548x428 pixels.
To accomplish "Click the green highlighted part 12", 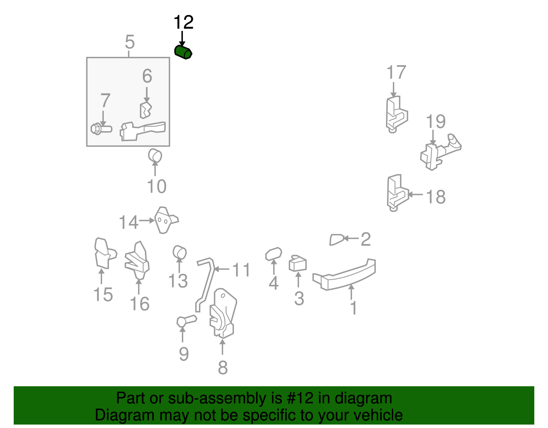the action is [183, 52].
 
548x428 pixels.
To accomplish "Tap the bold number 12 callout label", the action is [184, 22].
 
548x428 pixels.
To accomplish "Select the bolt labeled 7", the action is [101, 129].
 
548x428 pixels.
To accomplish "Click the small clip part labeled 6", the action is [146, 110].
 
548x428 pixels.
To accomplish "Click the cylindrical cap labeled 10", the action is [155, 155].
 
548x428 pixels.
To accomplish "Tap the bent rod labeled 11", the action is [206, 285].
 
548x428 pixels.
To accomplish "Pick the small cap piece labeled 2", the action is [337, 240].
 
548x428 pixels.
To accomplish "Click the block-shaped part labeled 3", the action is [298, 263].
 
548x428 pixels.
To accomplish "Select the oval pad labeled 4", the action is [274, 254].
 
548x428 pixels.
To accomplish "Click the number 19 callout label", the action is [436, 121].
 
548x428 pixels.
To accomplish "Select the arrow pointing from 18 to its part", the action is [415, 195].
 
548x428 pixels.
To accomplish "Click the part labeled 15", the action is [105, 253].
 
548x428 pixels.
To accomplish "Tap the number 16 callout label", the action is [140, 304].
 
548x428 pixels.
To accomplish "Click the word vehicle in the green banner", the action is [378, 415].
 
